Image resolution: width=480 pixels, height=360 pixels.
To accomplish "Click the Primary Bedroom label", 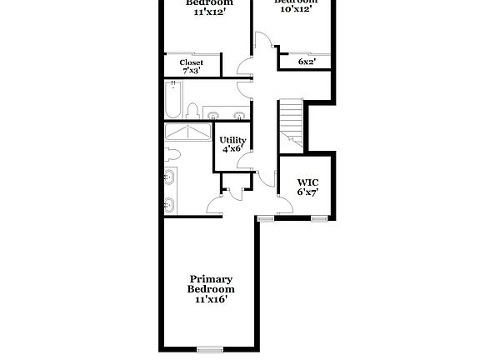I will click(x=211, y=283).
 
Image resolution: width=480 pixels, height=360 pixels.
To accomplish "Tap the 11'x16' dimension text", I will click(x=211, y=298).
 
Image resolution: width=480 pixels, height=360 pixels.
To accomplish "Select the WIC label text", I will click(x=307, y=182).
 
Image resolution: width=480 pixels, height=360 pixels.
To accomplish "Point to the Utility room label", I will click(x=232, y=140).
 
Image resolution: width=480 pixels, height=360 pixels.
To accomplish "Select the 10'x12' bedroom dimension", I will click(x=297, y=10).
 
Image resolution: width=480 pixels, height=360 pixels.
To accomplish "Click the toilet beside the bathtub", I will click(x=192, y=110).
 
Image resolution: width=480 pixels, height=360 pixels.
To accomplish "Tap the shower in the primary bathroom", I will click(x=189, y=133).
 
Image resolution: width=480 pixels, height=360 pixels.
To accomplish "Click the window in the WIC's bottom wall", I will click(x=318, y=218).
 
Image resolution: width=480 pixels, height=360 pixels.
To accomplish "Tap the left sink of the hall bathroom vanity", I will click(x=212, y=114).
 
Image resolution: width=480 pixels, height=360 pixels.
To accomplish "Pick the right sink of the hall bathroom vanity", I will click(x=238, y=114).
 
